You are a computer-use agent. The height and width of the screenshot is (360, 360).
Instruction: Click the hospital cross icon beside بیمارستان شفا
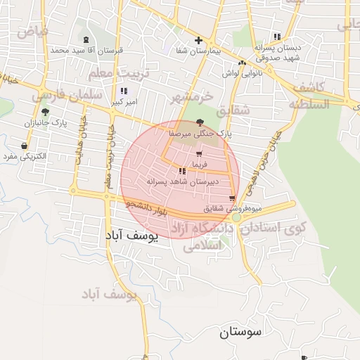click(198, 40)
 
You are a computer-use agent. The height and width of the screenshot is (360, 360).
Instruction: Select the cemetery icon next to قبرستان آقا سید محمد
click(86, 40)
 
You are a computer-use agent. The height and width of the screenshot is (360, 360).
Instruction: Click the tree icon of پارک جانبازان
click(45, 112)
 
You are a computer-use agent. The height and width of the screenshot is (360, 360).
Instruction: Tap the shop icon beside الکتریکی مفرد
click(25, 146)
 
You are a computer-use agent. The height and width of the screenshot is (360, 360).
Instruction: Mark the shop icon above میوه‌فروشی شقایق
click(232, 199)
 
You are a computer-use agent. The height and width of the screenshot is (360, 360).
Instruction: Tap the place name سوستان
click(239, 331)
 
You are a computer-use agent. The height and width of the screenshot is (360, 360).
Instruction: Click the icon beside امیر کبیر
click(124, 91)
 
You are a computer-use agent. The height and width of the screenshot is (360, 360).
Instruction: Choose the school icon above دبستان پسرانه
click(277, 37)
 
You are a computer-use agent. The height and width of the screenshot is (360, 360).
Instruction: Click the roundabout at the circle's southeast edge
click(237, 217)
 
